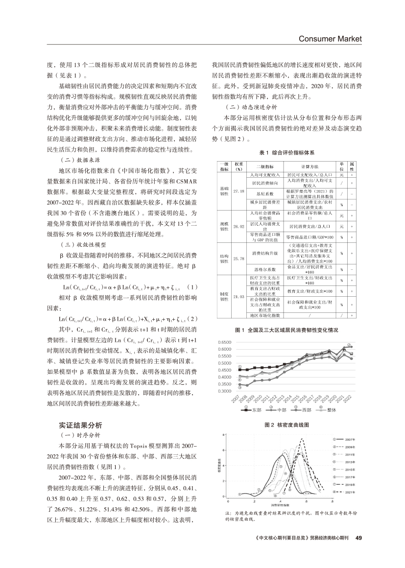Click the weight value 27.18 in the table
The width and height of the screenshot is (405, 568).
click(x=239, y=191)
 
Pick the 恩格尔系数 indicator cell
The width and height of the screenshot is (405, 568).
click(x=265, y=269)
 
